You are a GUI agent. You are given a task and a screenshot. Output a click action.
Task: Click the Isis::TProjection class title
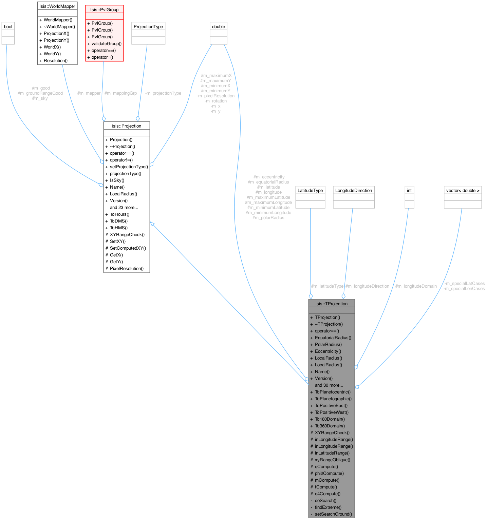pyautogui.click(x=331, y=304)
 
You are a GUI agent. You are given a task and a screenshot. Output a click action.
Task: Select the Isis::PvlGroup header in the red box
pyautogui.click(x=104, y=9)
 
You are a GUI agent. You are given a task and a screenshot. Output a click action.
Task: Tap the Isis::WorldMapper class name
pyautogui.click(x=57, y=6)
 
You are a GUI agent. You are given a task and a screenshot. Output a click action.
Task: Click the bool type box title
pyautogui.click(x=8, y=26)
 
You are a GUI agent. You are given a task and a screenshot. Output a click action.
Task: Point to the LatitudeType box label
pyautogui.click(x=310, y=190)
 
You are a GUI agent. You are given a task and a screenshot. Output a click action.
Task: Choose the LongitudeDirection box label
pyautogui.click(x=354, y=190)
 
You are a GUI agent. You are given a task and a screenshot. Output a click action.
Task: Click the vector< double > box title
pyautogui.click(x=463, y=190)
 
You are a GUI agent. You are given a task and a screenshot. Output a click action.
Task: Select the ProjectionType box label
pyautogui.click(x=148, y=26)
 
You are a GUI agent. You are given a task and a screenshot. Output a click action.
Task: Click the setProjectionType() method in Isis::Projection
pyautogui.click(x=129, y=167)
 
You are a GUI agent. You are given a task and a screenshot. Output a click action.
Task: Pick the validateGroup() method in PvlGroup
pyautogui.click(x=106, y=43)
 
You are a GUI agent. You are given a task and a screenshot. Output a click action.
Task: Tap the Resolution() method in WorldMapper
pyautogui.click(x=55, y=60)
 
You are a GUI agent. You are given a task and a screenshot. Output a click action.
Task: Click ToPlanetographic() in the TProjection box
pyautogui.click(x=333, y=399)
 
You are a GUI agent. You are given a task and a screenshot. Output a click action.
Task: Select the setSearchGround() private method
pyautogui.click(x=333, y=514)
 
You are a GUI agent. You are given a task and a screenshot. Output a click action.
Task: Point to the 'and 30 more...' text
pyautogui.click(x=329, y=385)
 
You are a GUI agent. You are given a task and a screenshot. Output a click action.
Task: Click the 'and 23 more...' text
pyautogui.click(x=124, y=207)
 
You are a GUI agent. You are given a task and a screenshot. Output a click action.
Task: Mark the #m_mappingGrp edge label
pyautogui.click(x=120, y=93)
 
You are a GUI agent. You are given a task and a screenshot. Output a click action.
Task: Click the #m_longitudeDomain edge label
pyautogui.click(x=416, y=286)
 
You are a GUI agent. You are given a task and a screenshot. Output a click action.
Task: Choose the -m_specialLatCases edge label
pyautogui.click(x=464, y=283)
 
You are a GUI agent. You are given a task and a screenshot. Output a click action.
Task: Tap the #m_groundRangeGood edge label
pyautogui.click(x=40, y=93)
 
